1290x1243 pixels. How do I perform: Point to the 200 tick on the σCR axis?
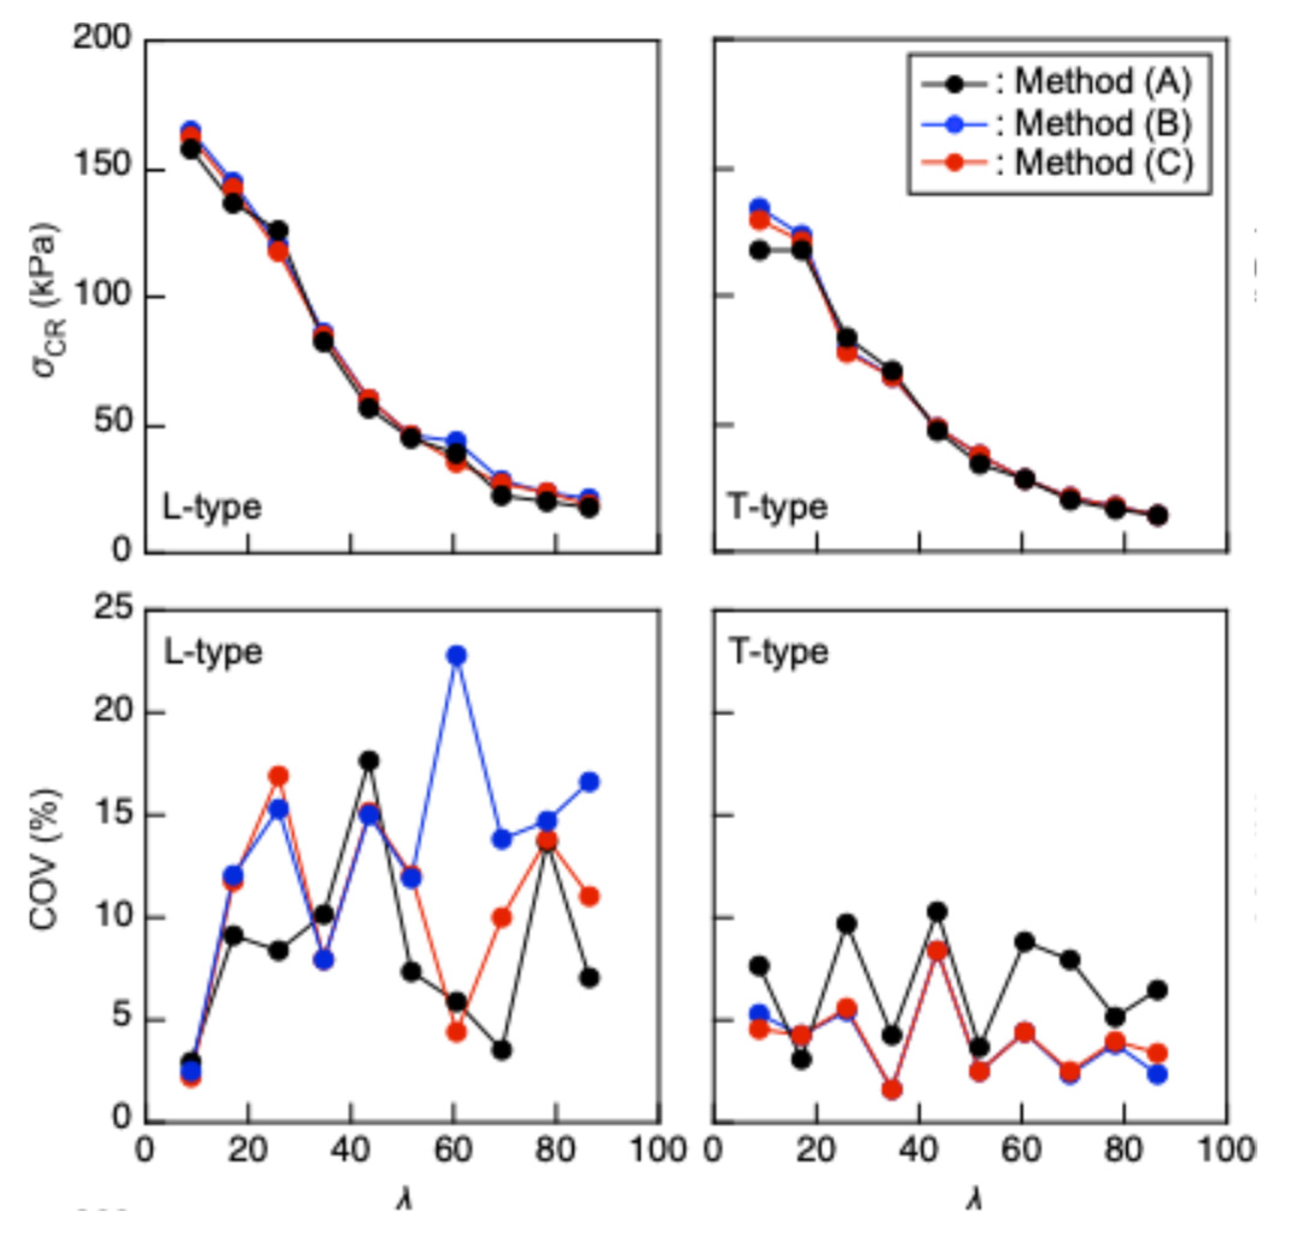102,39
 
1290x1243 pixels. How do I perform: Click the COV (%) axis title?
45,859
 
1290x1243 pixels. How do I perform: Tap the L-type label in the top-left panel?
212,507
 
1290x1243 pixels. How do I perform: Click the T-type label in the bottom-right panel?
778,652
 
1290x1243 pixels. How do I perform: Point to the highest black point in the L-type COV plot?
369,761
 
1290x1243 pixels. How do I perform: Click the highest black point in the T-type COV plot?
937,912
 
